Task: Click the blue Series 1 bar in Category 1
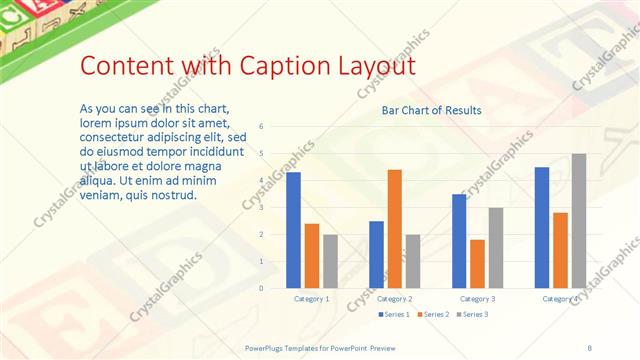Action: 293,230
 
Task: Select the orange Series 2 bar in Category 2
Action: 395,229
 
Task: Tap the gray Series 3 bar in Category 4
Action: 579,221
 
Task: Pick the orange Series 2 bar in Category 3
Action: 477,264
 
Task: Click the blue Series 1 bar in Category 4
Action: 542,228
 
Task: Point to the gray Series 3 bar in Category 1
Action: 330,261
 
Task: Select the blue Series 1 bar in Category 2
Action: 376,254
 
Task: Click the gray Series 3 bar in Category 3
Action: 496,248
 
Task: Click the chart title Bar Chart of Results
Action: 432,110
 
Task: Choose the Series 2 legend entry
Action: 432,315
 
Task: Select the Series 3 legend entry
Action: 472,315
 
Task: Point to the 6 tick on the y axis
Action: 260,127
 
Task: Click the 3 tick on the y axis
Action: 260,208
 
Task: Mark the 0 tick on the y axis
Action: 260,289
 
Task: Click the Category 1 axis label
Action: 312,299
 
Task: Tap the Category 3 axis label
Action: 478,299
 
